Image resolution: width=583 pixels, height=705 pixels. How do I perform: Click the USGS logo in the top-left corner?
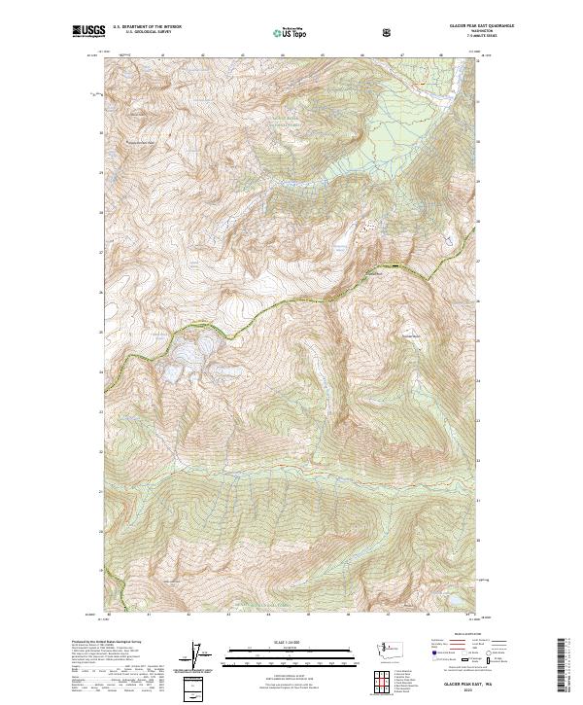pos(88,32)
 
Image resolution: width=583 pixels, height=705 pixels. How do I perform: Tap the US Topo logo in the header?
pos(290,33)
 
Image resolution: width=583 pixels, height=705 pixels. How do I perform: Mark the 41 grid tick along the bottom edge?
pos(150,615)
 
